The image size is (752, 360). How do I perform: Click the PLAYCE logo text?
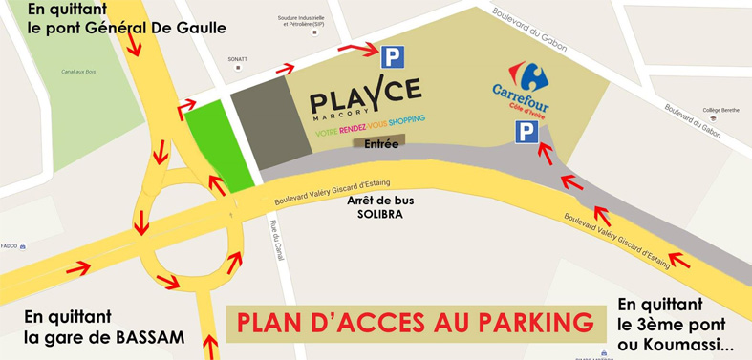(x=365, y=95)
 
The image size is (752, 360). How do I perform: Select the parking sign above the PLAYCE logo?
(x=392, y=56)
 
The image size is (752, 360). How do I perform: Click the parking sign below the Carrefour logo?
(x=526, y=132)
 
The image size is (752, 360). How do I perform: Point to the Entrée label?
(x=380, y=144)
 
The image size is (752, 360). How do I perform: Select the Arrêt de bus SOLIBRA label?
(x=374, y=207)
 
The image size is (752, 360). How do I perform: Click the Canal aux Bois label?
(x=79, y=72)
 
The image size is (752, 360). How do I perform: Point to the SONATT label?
(x=238, y=59)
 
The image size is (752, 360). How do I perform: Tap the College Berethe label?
(x=721, y=110)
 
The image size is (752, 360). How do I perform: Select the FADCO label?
(x=10, y=245)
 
